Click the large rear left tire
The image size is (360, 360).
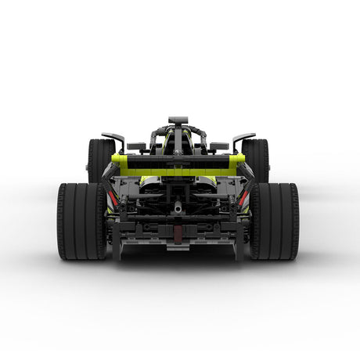coord(81,221)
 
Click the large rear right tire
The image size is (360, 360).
coord(274,221)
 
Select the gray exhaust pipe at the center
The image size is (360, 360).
coord(178,209)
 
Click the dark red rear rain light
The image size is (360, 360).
coord(178,232)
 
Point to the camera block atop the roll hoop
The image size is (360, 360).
coord(178,121)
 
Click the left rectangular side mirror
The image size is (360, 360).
coord(136,146)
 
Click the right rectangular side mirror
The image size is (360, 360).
coord(220,146)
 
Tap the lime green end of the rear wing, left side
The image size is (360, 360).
coord(120,162)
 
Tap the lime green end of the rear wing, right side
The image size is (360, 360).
coord(237,162)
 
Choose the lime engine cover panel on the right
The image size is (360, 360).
coord(207,182)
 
